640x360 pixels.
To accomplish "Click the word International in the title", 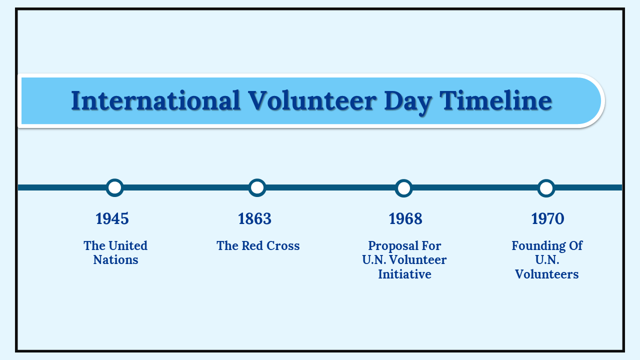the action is click(x=155, y=100).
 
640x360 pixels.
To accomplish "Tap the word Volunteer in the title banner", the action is click(x=312, y=100).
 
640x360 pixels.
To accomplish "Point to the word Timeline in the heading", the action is click(x=495, y=100).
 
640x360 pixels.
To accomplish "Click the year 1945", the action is click(x=112, y=219).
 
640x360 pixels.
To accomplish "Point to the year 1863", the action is click(x=254, y=219).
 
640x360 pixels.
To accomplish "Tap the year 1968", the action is click(x=405, y=219).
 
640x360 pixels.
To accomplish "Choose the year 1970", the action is click(x=547, y=219).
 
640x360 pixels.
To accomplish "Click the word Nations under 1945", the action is click(x=115, y=260).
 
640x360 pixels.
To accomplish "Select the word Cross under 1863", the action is click(x=283, y=245).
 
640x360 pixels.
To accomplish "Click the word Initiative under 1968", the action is click(x=404, y=274).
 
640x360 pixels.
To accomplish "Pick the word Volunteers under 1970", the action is click(x=547, y=274).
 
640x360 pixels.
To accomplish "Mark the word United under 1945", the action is click(x=128, y=245).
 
